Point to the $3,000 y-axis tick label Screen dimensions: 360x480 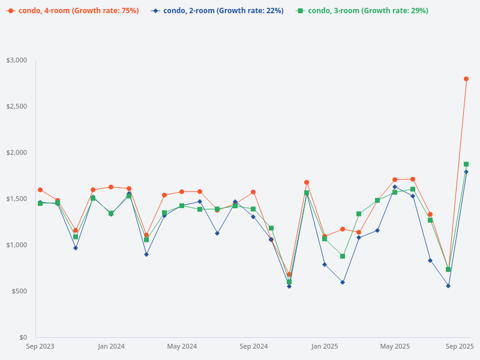pos(17,61)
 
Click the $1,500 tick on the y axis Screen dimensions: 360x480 pos(17,199)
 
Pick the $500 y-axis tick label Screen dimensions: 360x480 pos(19,291)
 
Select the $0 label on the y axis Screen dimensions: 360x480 pos(23,337)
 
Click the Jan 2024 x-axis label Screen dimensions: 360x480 pos(111,346)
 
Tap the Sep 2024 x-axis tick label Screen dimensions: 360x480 pos(253,346)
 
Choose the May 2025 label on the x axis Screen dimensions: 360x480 pos(395,346)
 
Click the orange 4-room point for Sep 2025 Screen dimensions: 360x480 pos(466,79)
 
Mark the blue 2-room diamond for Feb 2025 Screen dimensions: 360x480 pos(343,282)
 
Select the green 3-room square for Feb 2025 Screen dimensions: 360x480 pos(343,256)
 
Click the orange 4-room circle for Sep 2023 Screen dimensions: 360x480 pos(40,190)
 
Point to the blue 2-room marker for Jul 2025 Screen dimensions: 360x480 pos(430,260)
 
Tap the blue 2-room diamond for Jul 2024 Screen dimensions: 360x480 pos(217,233)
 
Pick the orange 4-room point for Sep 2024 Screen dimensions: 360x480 pos(253,192)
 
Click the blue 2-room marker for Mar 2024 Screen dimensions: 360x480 pos(146,254)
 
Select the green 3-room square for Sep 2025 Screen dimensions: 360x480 pos(466,164)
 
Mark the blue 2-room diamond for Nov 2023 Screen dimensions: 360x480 pos(76,248)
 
